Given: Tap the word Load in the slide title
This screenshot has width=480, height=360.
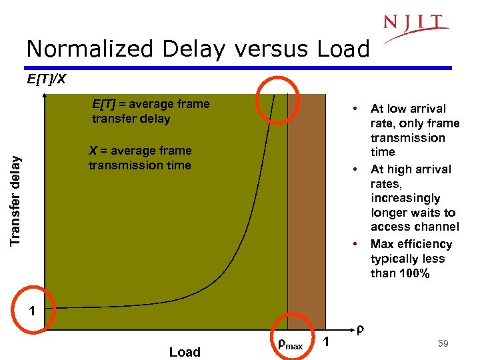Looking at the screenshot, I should pos(339,49).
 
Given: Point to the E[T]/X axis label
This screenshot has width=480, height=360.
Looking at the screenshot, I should pos(46,80).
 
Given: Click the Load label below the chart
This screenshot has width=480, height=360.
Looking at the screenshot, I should pos(185,352).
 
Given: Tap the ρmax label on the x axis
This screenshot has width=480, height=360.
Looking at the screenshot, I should pos(290,345).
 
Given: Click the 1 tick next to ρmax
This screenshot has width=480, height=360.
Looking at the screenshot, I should pos(326,343).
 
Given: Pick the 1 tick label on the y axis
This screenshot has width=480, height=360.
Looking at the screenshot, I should pos(31,310).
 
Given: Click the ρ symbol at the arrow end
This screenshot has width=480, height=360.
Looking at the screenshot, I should pos(360,329).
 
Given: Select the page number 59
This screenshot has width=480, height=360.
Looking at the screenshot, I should pos(443,343).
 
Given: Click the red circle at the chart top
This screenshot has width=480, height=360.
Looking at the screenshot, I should pos(281,100).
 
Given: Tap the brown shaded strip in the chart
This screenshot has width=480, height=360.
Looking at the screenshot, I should pos(307,213).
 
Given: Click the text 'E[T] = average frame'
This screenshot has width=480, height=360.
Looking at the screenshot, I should pos(151,104).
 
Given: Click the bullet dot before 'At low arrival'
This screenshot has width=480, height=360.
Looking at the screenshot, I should pos(357,108).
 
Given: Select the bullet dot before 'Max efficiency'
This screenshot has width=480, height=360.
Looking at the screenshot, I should pos(357,243).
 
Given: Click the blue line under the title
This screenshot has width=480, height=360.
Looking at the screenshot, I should pos(240,67).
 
